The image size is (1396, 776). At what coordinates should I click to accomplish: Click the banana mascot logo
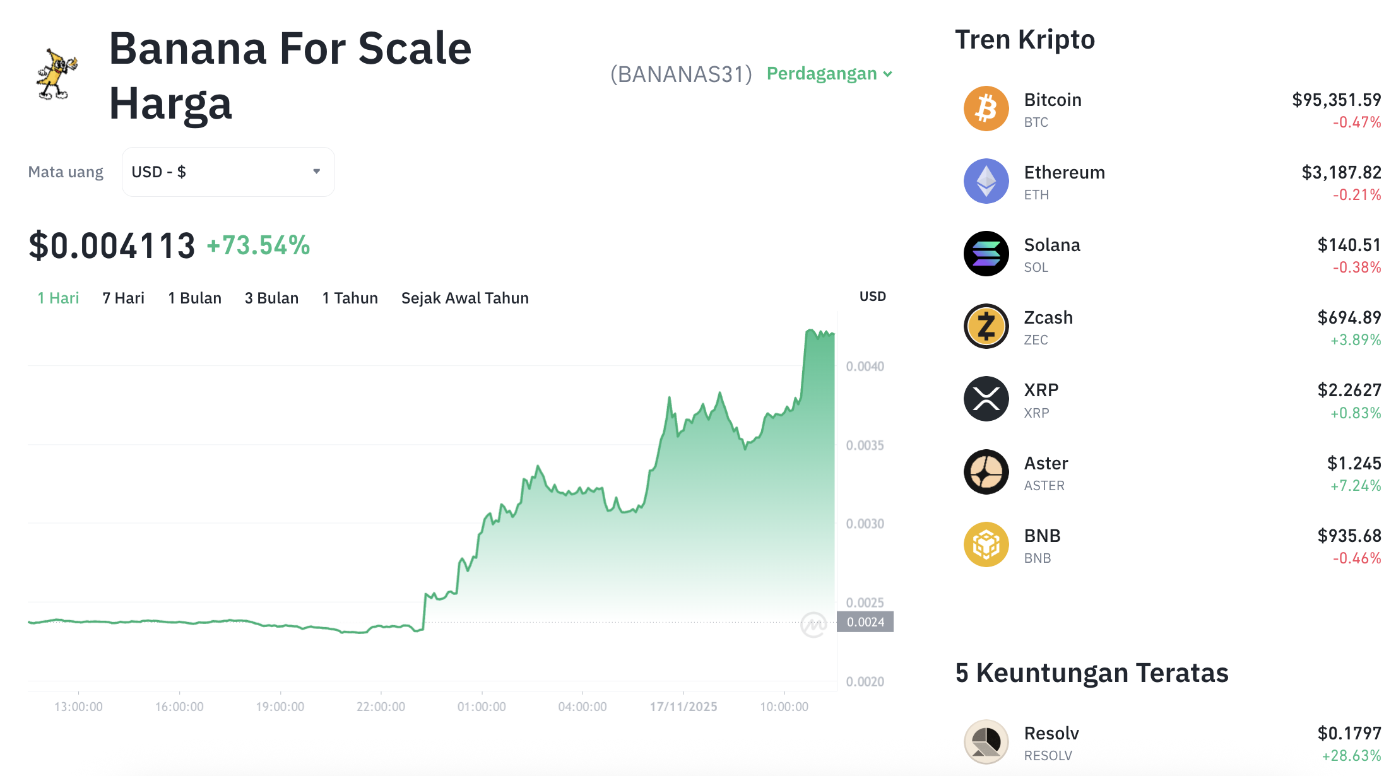[57, 74]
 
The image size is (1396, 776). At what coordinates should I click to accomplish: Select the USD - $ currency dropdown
[228, 172]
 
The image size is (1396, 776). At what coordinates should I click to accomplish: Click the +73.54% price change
[258, 245]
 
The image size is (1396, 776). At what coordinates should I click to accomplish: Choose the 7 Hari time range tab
[123, 298]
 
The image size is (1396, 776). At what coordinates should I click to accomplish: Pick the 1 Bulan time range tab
[194, 298]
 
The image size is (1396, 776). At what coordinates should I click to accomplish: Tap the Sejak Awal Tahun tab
[464, 298]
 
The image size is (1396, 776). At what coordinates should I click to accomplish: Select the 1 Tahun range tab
[350, 298]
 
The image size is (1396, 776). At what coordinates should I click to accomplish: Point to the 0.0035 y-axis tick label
[865, 445]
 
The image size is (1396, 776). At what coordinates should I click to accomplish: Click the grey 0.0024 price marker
[865, 622]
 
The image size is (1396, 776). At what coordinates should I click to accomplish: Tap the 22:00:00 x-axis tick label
[381, 707]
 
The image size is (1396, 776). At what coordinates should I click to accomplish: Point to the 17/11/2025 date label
[683, 707]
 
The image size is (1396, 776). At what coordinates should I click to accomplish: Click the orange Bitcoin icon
[986, 109]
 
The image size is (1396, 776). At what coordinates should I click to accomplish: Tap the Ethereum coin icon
[986, 181]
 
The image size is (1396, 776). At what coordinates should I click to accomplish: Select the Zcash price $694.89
[1349, 317]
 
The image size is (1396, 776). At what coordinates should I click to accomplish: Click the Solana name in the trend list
[1052, 245]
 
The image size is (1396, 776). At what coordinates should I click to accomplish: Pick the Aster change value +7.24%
[1355, 486]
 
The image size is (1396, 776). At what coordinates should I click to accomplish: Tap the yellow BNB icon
[986, 544]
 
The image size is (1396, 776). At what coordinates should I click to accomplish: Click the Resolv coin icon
[986, 742]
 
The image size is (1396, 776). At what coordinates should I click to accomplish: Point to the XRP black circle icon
[986, 399]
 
